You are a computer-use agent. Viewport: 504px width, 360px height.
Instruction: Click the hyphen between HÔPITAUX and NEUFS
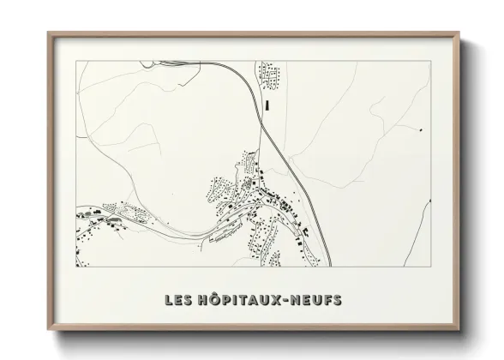click(290, 301)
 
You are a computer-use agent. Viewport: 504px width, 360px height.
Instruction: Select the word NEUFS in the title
click(318, 300)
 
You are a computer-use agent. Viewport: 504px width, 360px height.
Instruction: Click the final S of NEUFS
click(337, 300)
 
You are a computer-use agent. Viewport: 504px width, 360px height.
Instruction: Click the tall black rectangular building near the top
click(267, 105)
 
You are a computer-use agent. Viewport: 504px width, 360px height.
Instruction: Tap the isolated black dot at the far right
click(421, 129)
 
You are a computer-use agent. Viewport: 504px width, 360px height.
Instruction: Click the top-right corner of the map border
click(430, 62)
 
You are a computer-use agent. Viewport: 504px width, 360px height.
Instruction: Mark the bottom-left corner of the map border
click(76, 267)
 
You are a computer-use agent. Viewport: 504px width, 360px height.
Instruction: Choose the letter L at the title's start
click(169, 300)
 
